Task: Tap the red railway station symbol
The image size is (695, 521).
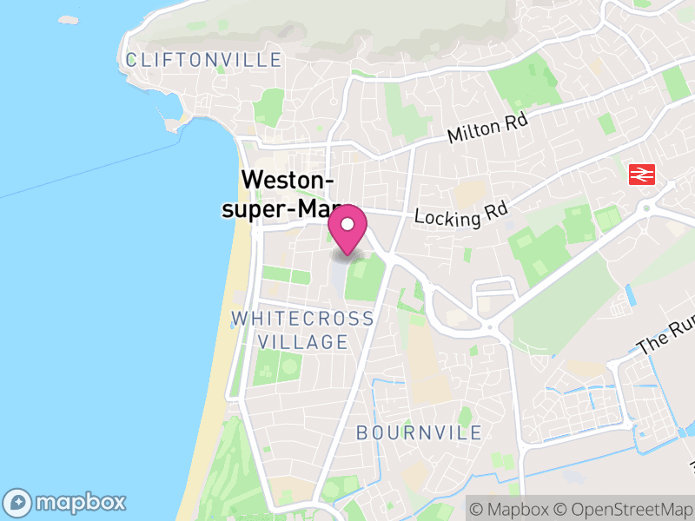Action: coord(642,175)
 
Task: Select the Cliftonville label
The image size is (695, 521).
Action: coord(203,60)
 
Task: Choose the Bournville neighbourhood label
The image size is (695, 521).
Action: coord(420,432)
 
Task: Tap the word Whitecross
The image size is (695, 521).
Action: coord(302,319)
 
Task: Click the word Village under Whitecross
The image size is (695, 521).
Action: coord(302,342)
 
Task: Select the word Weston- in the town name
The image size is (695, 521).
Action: coord(288,180)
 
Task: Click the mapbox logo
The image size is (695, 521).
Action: coord(66,502)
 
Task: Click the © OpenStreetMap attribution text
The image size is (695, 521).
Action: coord(620,507)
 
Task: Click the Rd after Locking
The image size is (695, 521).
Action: coord(493,209)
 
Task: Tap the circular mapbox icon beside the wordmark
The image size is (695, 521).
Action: coord(19,502)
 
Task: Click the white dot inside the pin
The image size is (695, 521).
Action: coord(347,224)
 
